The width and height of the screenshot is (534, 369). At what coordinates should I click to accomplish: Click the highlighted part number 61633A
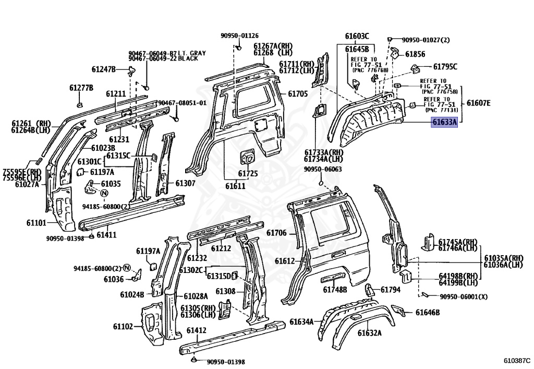[x=444, y=123]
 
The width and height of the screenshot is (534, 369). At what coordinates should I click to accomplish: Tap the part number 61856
[x=415, y=54]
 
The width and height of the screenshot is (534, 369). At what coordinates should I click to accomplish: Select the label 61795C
[x=445, y=66]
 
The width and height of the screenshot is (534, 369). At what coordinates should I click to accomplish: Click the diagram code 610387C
[x=516, y=361]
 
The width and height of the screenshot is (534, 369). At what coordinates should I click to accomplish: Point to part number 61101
[x=37, y=223]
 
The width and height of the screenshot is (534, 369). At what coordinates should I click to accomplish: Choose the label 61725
[x=248, y=173]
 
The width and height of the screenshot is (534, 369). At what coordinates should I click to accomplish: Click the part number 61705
[x=298, y=94]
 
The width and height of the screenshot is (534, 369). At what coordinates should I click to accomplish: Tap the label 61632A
[x=370, y=333]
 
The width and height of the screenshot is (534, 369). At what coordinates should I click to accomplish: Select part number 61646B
[x=428, y=313]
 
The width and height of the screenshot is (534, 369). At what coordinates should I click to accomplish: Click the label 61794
[x=391, y=290]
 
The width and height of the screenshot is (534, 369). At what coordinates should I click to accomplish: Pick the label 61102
[x=123, y=327]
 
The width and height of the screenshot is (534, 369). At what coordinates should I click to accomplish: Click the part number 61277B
[x=81, y=87]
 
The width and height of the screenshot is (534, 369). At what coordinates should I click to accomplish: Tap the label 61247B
[x=103, y=68]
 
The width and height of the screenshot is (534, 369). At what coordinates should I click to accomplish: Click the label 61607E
[x=478, y=103]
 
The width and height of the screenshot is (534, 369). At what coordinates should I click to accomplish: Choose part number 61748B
[x=335, y=290]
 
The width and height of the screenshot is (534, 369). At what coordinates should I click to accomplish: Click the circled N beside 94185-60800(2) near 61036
[x=126, y=268]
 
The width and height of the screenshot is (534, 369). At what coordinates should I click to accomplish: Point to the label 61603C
[x=357, y=36]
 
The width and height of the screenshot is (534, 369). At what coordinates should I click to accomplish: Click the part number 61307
[x=185, y=183]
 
